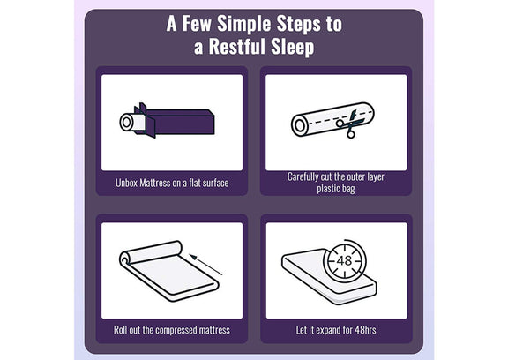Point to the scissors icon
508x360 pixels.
tap(350, 124)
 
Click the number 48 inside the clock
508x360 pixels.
tap(344, 260)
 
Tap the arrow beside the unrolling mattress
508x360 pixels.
tap(206, 265)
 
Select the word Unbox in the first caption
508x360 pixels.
tap(127, 183)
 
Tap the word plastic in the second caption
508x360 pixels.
tap(327, 189)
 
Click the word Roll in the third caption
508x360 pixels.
tap(120, 330)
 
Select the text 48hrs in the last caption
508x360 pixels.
tap(365, 330)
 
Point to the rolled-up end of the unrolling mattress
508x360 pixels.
tap(150, 252)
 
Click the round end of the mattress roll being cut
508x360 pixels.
tap(299, 125)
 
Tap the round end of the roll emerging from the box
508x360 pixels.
tap(126, 123)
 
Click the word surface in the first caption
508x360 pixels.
tap(216, 183)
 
